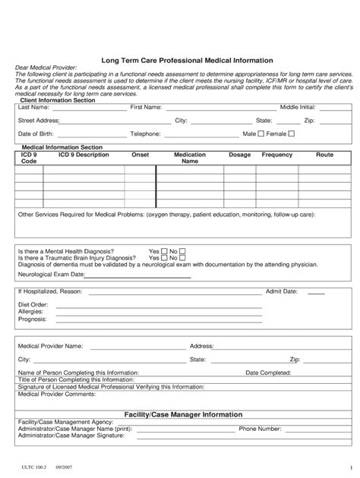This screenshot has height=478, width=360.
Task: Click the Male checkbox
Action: click(261, 134)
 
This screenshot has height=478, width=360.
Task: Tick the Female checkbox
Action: click(291, 134)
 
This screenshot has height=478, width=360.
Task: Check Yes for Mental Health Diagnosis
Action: click(163, 251)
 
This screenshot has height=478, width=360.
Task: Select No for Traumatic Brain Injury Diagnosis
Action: click(182, 258)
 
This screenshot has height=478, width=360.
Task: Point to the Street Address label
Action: click(39, 121)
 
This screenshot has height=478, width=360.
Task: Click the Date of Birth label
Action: click(36, 134)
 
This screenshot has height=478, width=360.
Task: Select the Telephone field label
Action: click(145, 134)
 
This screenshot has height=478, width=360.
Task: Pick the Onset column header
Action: click(141, 155)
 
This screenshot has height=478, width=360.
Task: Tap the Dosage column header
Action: click(239, 155)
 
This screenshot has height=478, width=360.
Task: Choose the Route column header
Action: click(324, 155)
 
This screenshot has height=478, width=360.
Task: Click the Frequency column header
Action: click(277, 155)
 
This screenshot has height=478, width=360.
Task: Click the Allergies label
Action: click(31, 312)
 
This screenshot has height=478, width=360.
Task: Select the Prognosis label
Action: click(32, 319)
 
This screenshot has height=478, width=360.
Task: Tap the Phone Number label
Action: click(261, 429)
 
